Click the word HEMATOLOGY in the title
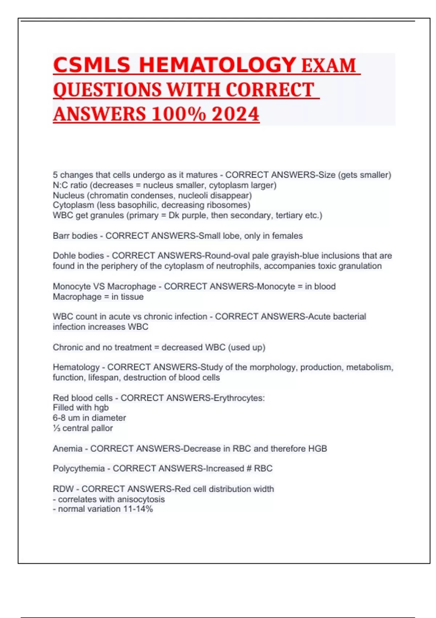point(217,65)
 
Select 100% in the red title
point(178,114)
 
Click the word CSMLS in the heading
point(92,65)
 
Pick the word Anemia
point(68,449)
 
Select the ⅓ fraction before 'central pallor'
point(56,428)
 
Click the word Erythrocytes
point(239,398)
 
